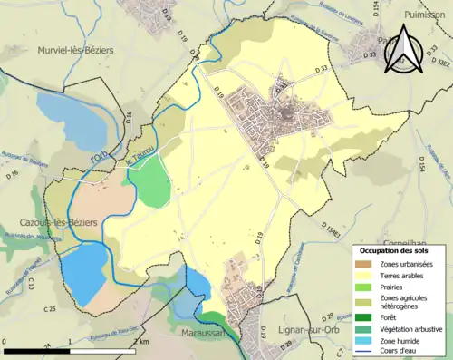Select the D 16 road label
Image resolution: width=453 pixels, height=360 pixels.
coord(129,117)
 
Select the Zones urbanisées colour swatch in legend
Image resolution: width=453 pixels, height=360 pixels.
coord(369,264)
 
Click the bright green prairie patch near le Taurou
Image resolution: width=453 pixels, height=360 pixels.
coord(152,185)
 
